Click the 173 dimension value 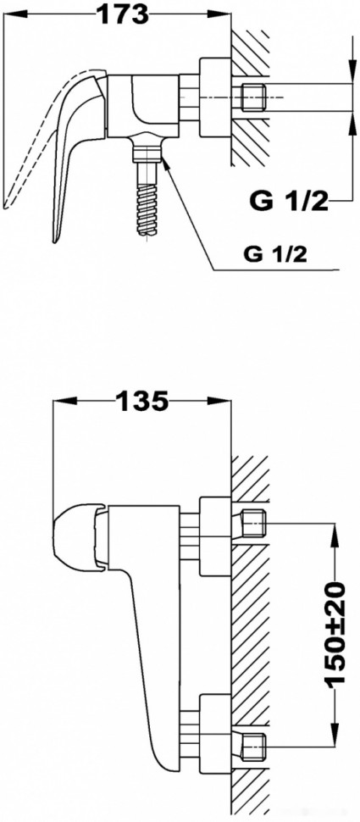click(x=120, y=14)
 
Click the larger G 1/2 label click(x=288, y=202)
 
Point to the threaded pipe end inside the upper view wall click(x=254, y=95)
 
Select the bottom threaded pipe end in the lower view click(x=254, y=745)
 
